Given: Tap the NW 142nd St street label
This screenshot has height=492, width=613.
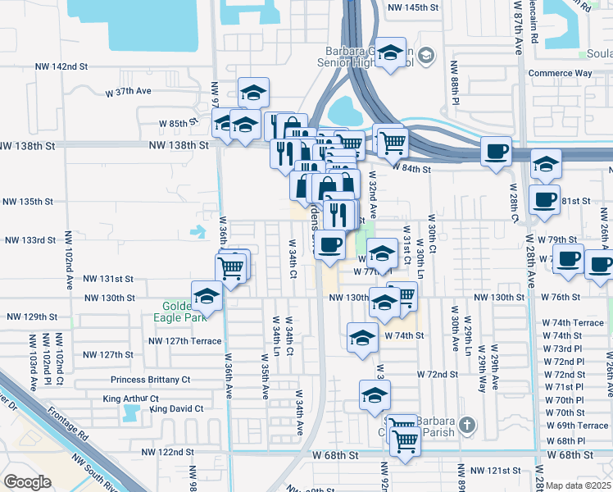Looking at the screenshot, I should (x=61, y=66).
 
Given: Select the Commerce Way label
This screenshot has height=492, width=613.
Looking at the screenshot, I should (x=560, y=73).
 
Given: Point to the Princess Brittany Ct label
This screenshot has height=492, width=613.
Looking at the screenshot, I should (x=151, y=380).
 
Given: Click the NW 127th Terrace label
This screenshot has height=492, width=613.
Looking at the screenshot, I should (x=184, y=341).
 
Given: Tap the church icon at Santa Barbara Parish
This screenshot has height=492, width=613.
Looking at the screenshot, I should (x=466, y=424).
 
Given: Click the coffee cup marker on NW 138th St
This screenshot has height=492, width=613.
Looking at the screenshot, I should (x=496, y=152).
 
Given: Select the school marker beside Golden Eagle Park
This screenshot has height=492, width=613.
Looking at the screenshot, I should (x=207, y=297).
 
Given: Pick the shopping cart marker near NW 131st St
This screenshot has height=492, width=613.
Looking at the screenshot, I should (x=231, y=266).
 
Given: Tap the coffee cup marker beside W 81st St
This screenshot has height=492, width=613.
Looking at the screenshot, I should (x=544, y=199).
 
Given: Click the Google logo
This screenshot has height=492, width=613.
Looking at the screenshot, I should (x=27, y=482).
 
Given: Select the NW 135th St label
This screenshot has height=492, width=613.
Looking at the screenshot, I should (x=29, y=201).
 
